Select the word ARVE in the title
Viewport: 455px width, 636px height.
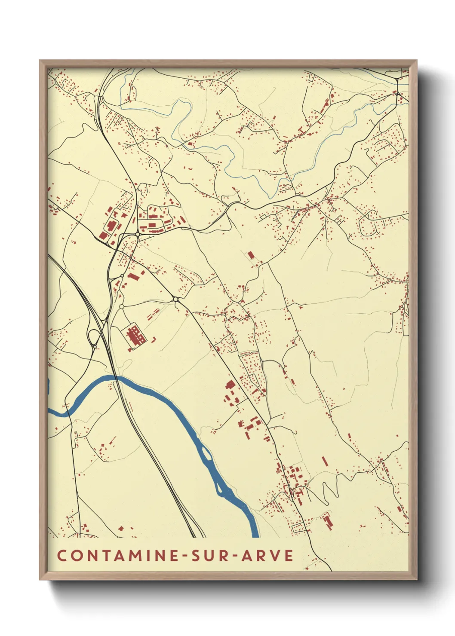[x=267, y=555]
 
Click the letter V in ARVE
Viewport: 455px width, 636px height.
[x=276, y=555]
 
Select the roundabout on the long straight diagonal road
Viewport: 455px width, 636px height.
[x=176, y=299]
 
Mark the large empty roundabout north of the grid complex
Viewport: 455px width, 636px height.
[x=122, y=306]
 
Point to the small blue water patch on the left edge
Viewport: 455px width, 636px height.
[x=49, y=386]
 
